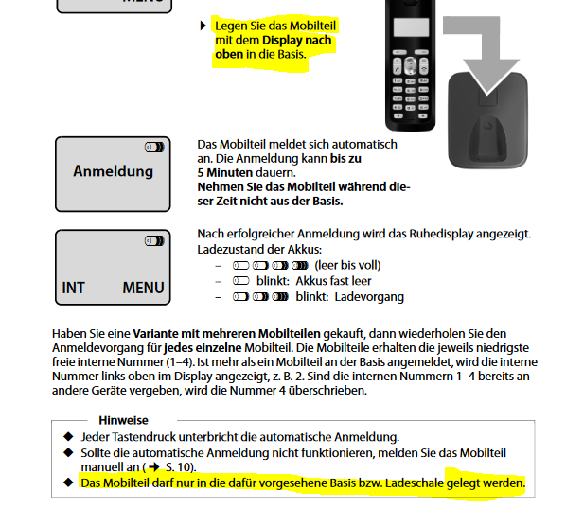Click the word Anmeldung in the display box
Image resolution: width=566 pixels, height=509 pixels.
(113, 171)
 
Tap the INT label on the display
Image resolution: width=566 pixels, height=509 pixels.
(73, 288)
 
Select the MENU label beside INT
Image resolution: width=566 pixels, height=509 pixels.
(143, 288)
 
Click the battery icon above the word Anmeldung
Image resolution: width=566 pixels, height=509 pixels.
(154, 148)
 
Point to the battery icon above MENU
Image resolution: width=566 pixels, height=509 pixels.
(154, 240)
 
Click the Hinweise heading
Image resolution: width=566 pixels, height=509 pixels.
(123, 420)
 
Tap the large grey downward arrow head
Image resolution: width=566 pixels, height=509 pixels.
(487, 77)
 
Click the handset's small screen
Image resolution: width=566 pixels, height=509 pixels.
(411, 27)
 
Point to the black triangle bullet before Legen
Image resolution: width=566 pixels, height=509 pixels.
(203, 26)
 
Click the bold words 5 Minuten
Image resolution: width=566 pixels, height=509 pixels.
(225, 173)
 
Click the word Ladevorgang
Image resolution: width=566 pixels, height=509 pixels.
(369, 297)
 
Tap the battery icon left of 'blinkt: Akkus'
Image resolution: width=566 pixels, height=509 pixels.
(241, 281)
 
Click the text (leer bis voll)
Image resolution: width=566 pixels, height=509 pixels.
(347, 265)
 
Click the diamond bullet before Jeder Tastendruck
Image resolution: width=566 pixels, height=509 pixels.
(68, 436)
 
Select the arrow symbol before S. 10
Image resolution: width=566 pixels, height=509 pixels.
(154, 467)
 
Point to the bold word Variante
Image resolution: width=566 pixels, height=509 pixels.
(155, 333)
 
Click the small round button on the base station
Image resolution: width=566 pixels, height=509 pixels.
(487, 126)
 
